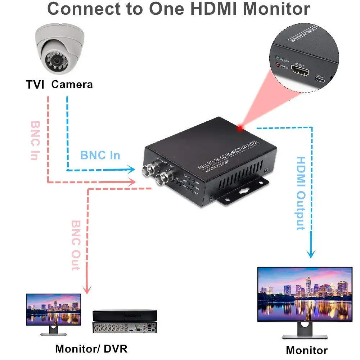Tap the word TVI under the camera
click(x=35, y=85)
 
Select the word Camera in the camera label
click(x=72, y=85)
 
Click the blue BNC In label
click(x=100, y=156)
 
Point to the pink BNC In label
click(x=35, y=140)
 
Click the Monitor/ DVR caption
click(x=91, y=348)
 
